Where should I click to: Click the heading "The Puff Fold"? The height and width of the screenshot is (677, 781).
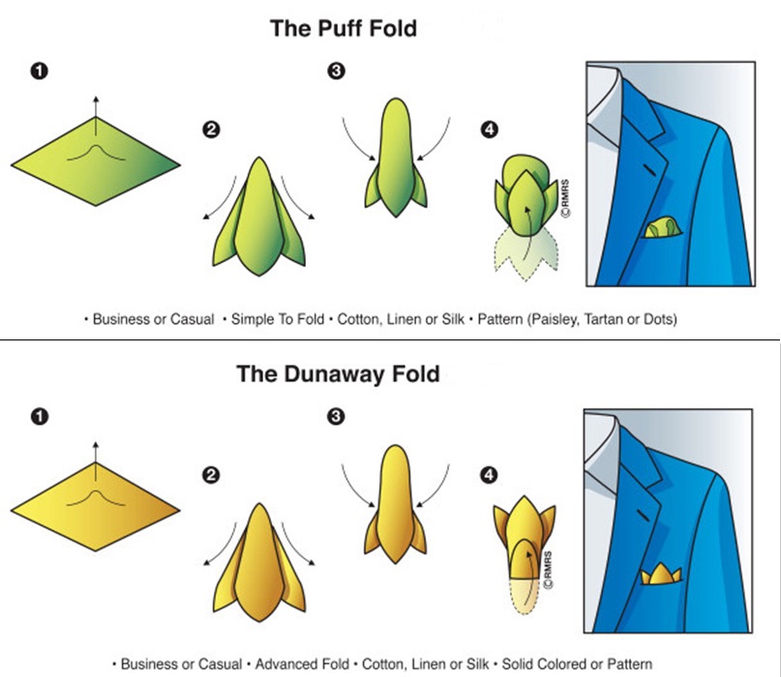(x=344, y=28)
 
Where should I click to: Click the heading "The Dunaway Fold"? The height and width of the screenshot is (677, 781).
(x=338, y=373)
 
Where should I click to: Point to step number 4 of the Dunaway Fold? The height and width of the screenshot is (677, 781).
(x=489, y=474)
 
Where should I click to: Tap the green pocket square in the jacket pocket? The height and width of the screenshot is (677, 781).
(x=661, y=228)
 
